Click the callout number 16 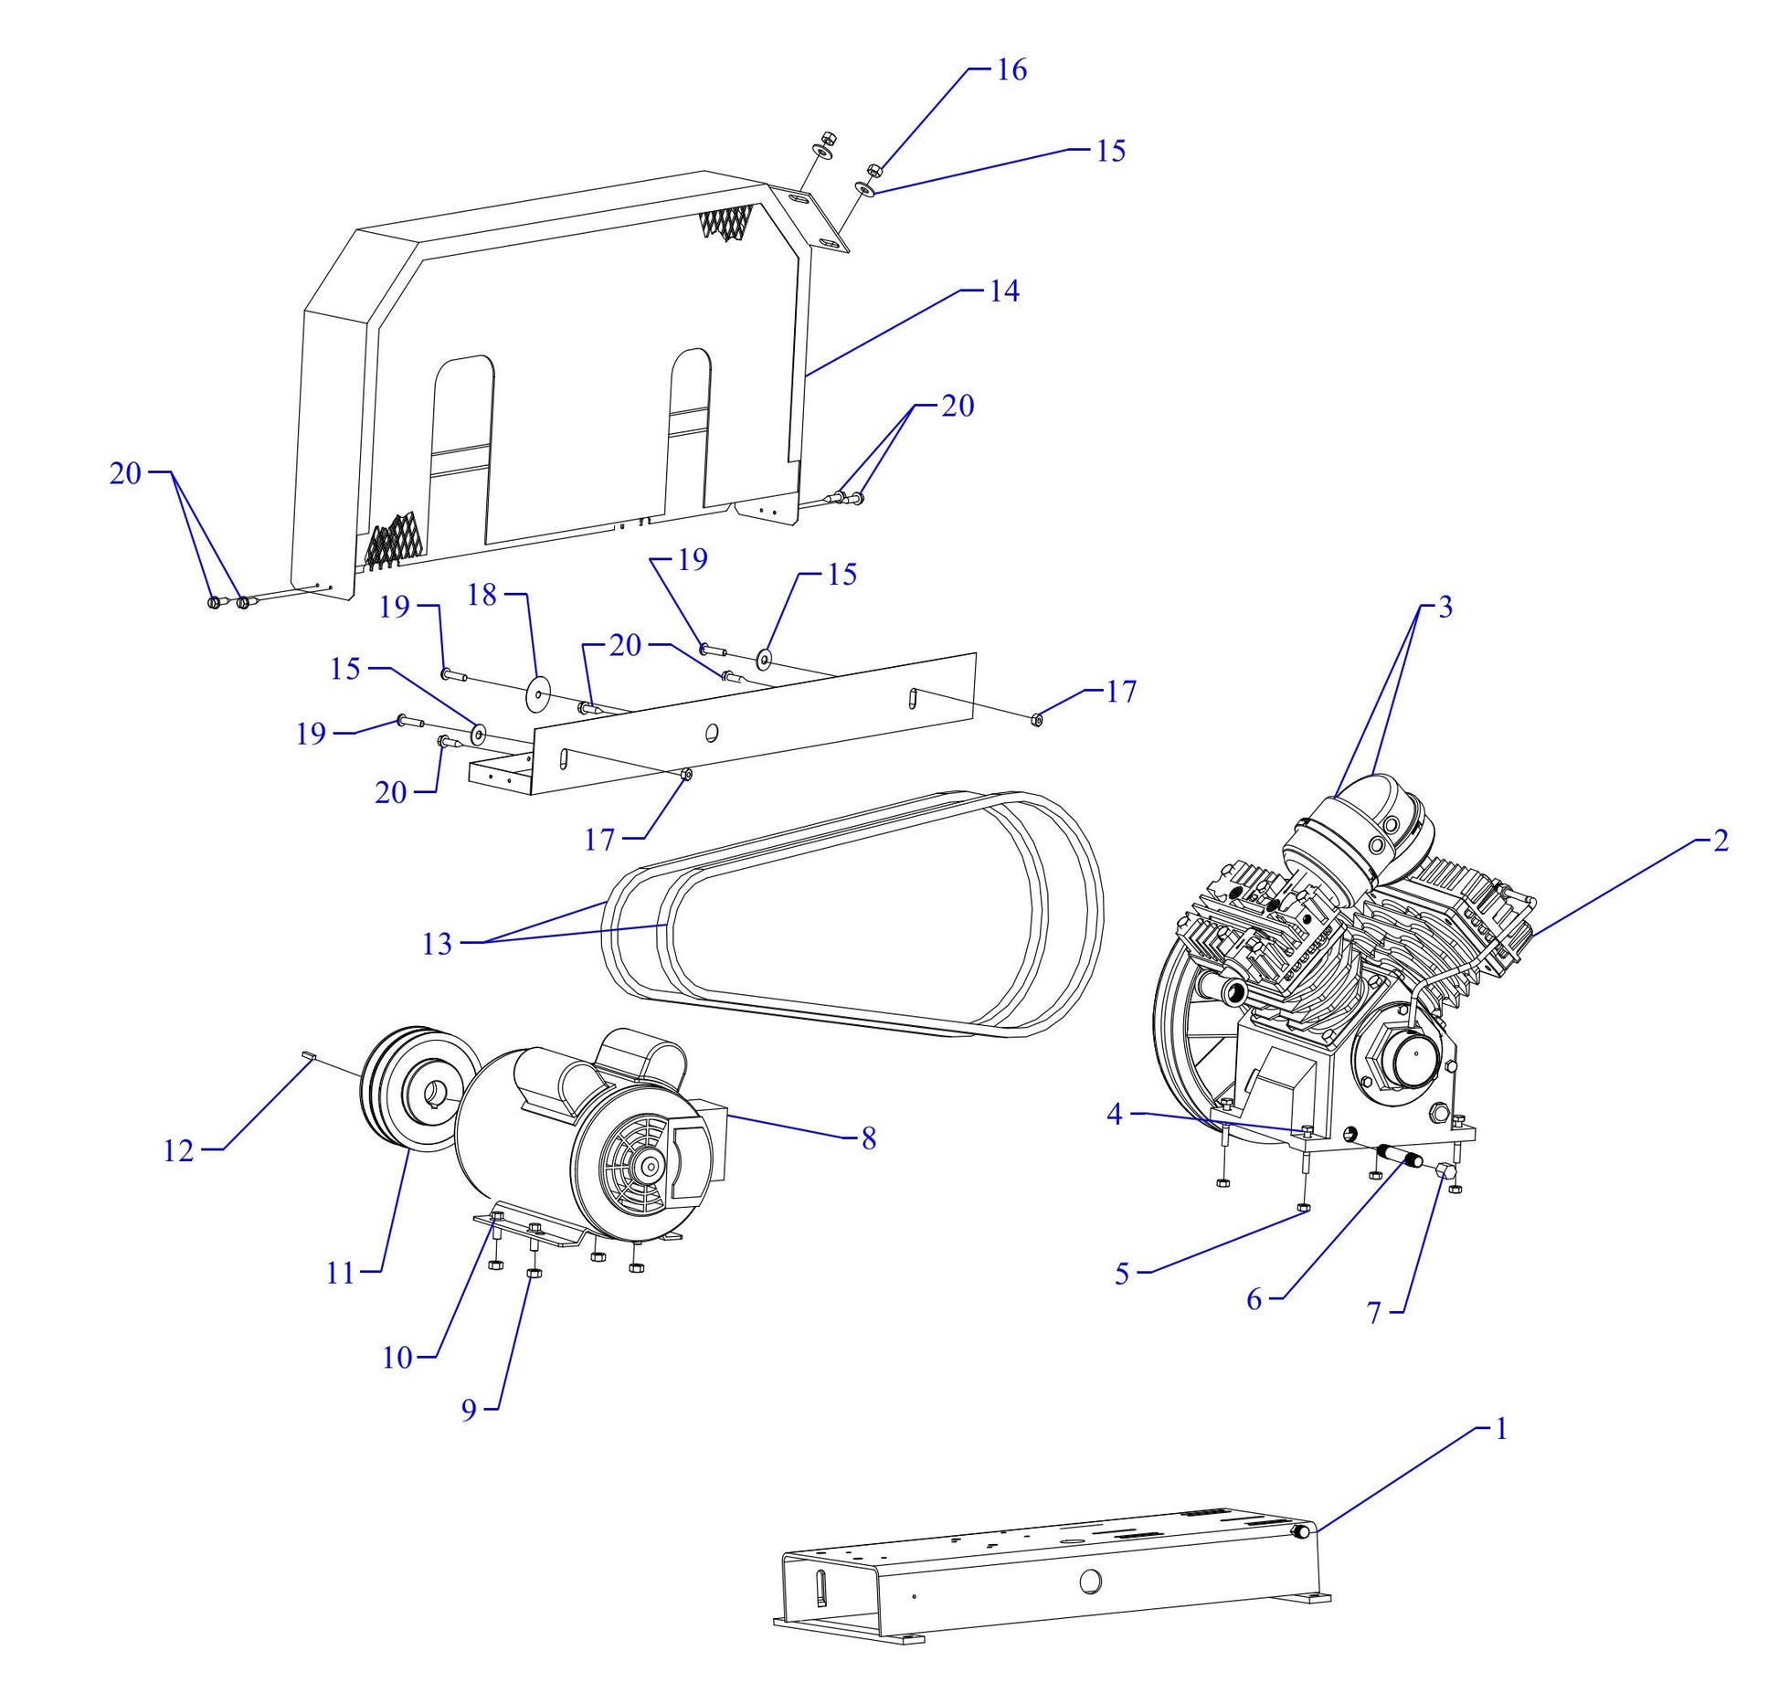pyautogui.click(x=1011, y=70)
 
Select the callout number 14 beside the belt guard pyautogui.click(x=1003, y=291)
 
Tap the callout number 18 pyautogui.click(x=482, y=596)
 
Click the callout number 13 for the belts pyautogui.click(x=437, y=944)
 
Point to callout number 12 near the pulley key pyautogui.click(x=179, y=1151)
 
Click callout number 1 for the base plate pyautogui.click(x=1499, y=1429)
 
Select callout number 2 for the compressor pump pyautogui.click(x=1720, y=841)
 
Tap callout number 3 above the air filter pyautogui.click(x=1445, y=608)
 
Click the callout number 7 pyautogui.click(x=1373, y=1313)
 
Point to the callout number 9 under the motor pyautogui.click(x=469, y=1411)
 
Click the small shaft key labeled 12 pyautogui.click(x=308, y=1055)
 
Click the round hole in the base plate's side pyautogui.click(x=1090, y=1581)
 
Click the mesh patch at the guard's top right pyautogui.click(x=727, y=222)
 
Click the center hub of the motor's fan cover pyautogui.click(x=650, y=1166)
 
